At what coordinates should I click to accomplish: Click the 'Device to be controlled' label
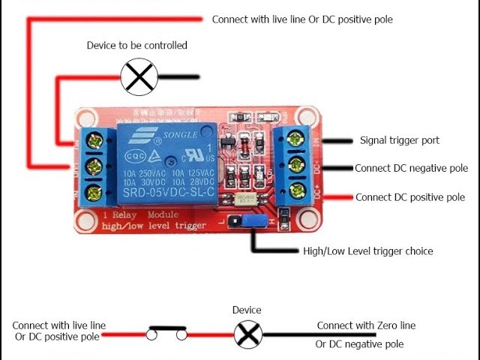click(136, 46)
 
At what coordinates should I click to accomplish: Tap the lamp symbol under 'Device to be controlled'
click(139, 76)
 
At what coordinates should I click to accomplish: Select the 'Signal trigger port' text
click(400, 140)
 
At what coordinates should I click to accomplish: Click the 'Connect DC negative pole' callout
click(411, 169)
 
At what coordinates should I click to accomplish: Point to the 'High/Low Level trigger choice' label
click(367, 251)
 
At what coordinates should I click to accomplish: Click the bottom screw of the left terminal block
click(95, 193)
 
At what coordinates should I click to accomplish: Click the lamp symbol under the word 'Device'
click(247, 334)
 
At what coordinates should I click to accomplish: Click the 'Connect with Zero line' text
click(366, 325)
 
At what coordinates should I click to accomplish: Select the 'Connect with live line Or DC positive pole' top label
click(302, 19)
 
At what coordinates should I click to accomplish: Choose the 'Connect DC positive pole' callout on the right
click(410, 198)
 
